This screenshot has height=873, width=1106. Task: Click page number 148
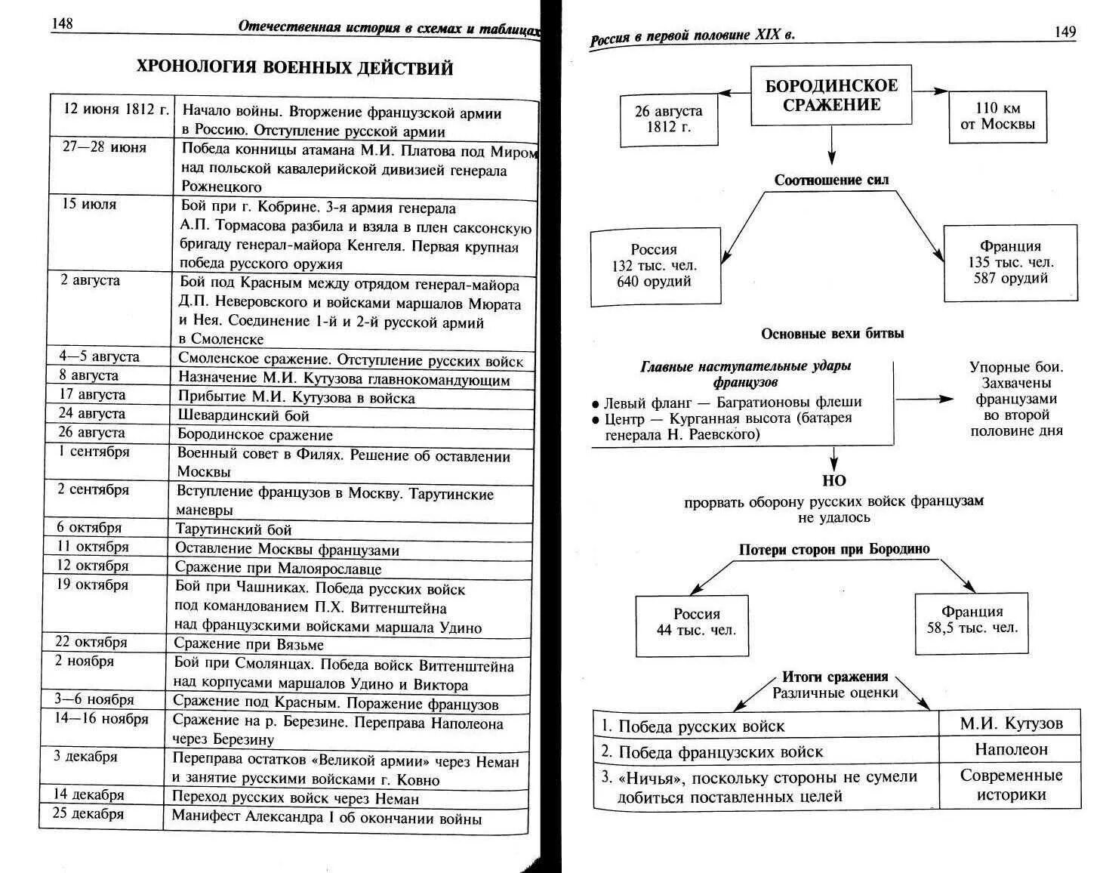click(x=62, y=23)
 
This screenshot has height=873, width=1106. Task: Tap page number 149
click(x=1064, y=32)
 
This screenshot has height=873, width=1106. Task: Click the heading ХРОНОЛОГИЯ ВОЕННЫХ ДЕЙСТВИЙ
click(x=294, y=68)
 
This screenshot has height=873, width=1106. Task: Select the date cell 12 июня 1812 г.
click(x=116, y=109)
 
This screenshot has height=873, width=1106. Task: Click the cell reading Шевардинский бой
click(x=243, y=415)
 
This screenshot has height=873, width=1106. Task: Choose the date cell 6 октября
click(x=89, y=528)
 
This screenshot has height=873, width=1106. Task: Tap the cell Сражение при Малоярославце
click(x=278, y=568)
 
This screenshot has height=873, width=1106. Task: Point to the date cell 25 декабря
click(x=88, y=813)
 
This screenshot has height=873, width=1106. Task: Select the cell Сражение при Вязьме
click(x=248, y=644)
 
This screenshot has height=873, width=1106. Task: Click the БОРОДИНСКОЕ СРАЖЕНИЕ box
click(x=831, y=95)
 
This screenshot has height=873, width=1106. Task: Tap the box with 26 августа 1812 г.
click(x=668, y=119)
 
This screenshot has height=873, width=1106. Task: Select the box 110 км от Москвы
click(x=997, y=116)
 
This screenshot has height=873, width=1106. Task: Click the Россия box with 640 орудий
click(x=655, y=266)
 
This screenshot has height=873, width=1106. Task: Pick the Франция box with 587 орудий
click(x=1011, y=262)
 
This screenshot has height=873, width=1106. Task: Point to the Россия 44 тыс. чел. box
click(x=696, y=622)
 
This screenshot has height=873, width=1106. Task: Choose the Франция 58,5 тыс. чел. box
click(x=972, y=620)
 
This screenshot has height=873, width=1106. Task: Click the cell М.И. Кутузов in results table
click(x=1011, y=723)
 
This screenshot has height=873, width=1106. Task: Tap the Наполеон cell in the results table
click(x=1011, y=750)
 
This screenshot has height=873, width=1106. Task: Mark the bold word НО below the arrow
click(x=833, y=481)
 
